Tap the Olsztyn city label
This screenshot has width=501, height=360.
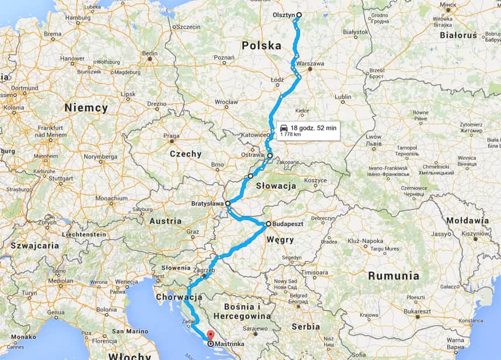[284, 15]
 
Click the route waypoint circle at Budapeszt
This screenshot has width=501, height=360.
[269, 224]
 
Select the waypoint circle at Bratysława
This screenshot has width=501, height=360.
[228, 203]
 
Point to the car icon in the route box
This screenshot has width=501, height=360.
[283, 127]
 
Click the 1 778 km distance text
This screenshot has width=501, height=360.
[290, 134]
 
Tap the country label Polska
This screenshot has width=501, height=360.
[261, 45]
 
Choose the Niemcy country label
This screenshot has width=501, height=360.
[86, 108]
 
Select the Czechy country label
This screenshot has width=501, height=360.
[185, 154]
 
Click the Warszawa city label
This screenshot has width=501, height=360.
[310, 63]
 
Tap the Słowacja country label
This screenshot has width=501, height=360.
[277, 186]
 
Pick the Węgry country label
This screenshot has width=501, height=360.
[280, 240]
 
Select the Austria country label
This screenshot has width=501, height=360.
[166, 221]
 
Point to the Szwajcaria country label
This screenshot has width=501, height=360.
[30, 245]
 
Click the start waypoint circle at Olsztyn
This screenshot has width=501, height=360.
[299, 15]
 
